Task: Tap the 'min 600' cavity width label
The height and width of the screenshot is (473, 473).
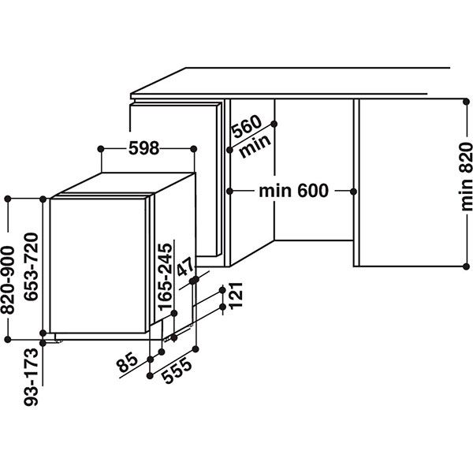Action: tap(292, 191)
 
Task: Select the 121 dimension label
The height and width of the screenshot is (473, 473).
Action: tap(234, 296)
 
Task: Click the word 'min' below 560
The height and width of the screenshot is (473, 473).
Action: tap(252, 144)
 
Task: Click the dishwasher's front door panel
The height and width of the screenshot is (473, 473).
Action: tap(99, 268)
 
